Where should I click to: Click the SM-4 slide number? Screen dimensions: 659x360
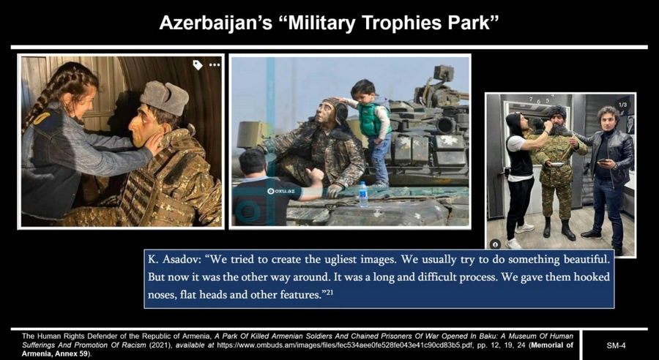coord(616,345)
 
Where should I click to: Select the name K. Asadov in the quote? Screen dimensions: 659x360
coord(173,259)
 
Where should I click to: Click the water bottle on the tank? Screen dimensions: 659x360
coord(363,195)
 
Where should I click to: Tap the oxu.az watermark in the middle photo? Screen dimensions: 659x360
coord(281,191)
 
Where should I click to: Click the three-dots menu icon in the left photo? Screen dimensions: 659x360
coord(215,65)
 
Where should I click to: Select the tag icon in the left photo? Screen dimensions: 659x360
coord(198,64)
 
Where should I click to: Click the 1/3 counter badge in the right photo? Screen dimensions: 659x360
coord(623,104)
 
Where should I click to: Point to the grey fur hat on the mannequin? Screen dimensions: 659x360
coord(164,97)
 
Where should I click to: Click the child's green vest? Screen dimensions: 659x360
coord(371,119)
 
